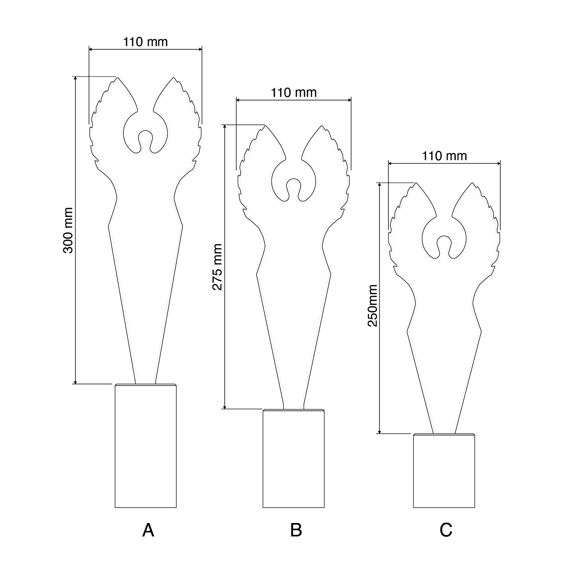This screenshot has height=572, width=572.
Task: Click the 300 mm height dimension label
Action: point(68,230)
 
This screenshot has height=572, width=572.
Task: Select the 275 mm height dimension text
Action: point(217,267)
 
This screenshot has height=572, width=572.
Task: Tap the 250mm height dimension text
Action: point(373,306)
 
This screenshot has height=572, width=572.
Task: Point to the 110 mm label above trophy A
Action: point(146,42)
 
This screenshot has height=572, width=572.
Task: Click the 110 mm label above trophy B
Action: point(294,93)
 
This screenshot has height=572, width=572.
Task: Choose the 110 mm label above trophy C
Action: point(444,156)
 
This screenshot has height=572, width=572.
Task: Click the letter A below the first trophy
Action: point(148,530)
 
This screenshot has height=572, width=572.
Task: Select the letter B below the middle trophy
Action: point(296,530)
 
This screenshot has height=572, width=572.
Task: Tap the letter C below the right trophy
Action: point(446,530)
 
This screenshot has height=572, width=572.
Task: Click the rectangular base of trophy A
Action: point(146,446)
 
